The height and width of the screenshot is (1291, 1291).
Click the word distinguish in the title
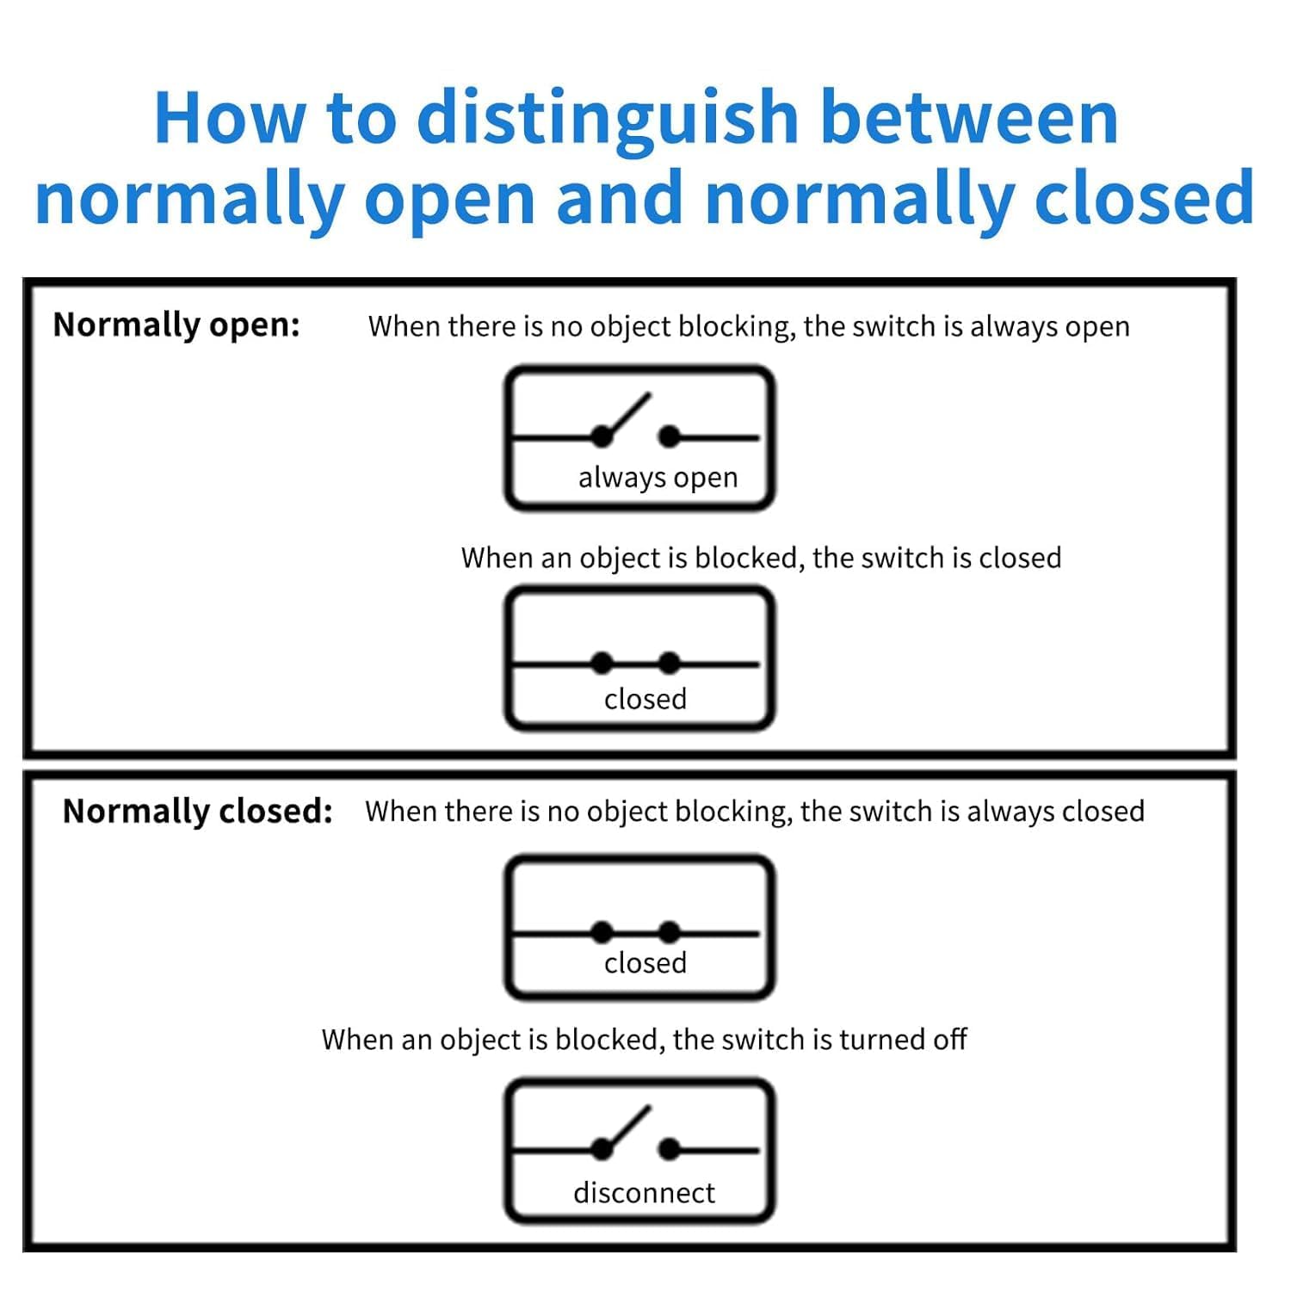(608, 119)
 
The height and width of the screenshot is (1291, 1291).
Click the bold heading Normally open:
(176, 325)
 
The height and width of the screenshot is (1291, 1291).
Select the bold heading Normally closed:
(197, 812)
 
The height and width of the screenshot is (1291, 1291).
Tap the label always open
(658, 478)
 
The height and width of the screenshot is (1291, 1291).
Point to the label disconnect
(644, 1193)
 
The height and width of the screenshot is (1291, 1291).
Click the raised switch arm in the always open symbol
(627, 416)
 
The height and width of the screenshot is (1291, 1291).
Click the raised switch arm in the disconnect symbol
(627, 1128)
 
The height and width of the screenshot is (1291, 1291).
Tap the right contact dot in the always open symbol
(669, 437)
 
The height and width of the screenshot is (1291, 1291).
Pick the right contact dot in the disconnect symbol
(669, 1149)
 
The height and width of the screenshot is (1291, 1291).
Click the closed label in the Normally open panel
(645, 699)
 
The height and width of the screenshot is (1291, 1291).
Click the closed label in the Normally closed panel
(645, 963)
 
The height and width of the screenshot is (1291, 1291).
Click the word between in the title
(968, 119)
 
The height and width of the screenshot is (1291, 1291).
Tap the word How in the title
(230, 119)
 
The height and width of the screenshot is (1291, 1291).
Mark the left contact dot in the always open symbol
(602, 437)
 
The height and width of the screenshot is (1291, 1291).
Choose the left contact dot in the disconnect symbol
(602, 1149)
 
